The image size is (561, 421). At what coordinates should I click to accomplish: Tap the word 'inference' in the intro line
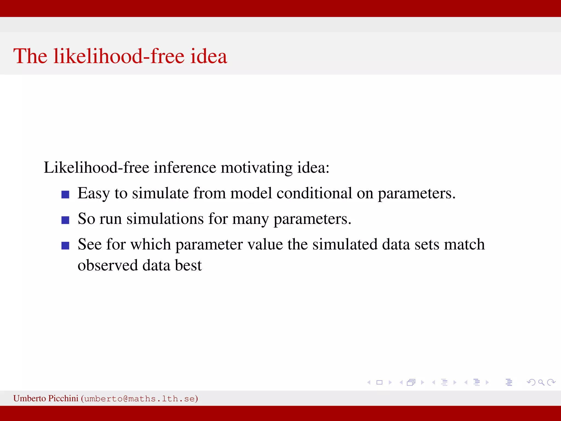(185, 167)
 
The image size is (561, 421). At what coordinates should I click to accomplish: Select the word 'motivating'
(257, 168)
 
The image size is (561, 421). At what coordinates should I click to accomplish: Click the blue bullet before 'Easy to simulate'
(65, 195)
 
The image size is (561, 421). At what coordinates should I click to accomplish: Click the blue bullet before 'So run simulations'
(65, 220)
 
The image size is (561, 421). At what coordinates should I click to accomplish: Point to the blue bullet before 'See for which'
(65, 245)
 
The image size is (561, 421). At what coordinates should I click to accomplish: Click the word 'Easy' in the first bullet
(94, 194)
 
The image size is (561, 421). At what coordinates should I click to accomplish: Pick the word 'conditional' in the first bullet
(314, 193)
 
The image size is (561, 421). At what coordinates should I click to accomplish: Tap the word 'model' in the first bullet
(251, 193)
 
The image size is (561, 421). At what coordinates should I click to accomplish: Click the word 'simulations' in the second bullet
(165, 219)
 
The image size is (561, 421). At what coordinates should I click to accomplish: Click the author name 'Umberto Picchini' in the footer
(46, 398)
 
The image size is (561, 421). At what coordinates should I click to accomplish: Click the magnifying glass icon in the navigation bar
(541, 382)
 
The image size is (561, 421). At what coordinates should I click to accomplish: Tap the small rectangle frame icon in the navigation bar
(379, 382)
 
